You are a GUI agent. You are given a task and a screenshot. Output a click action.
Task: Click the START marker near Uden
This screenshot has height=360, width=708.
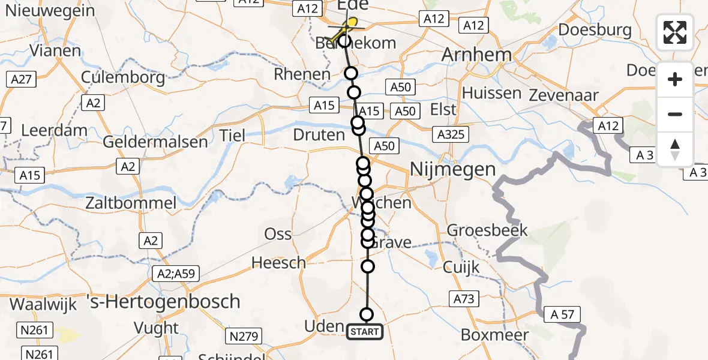coord(365,331)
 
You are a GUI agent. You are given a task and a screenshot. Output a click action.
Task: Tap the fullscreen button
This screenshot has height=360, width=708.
coord(675,32)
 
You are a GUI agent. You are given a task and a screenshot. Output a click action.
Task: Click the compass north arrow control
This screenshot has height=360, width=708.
coord(675,149)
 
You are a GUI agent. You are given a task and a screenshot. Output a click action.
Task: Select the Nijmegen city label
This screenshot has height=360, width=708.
coord(452,170)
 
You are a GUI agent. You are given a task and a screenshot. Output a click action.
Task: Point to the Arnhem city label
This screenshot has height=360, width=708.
coord(477,55)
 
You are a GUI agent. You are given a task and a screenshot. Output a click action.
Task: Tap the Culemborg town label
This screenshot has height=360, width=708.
coord(122,77)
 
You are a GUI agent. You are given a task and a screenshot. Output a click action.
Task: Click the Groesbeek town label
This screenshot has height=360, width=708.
coord(487,230)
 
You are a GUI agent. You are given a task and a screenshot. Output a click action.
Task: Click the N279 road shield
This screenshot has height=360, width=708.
coord(244,336)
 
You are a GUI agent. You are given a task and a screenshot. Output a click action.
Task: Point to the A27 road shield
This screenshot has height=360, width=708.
coord(20,79)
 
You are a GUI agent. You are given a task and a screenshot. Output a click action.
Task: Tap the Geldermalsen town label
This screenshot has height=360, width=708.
coord(155,142)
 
